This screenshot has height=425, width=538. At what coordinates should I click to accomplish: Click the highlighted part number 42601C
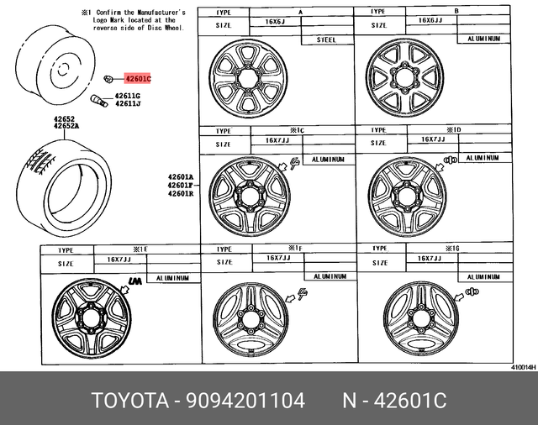pos(138,79)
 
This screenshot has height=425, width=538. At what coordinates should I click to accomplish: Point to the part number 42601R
pos(180,194)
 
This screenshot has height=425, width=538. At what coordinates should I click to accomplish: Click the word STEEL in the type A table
pos(326,39)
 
